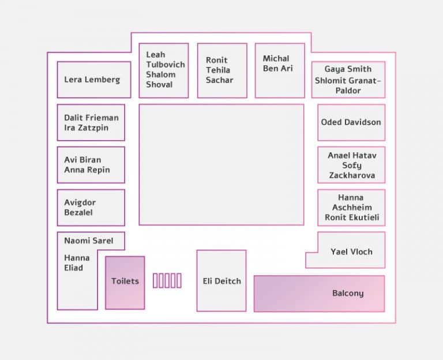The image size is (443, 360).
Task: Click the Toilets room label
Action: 125,281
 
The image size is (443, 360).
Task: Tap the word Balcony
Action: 348,293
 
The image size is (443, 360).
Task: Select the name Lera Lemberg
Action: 92,80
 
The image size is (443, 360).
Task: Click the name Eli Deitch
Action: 221,281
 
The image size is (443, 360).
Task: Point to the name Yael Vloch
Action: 351,252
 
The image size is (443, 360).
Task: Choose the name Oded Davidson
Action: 351,122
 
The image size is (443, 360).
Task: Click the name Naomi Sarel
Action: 89,241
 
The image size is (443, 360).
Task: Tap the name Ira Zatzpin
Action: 86,128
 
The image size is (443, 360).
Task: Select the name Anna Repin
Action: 87,170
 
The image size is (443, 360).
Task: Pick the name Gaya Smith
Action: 348,69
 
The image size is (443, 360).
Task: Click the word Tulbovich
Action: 166,65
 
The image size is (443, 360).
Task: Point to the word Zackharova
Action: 352,175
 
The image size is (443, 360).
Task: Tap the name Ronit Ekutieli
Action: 352,217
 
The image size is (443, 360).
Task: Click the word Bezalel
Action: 78,212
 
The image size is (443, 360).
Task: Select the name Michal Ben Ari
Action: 277,63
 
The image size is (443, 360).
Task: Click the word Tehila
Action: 218,70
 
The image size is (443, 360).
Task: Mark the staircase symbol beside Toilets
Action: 167,280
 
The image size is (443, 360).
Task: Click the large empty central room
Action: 221,165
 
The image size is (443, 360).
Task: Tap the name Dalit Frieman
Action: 91,118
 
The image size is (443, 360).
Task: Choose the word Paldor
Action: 348,91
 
